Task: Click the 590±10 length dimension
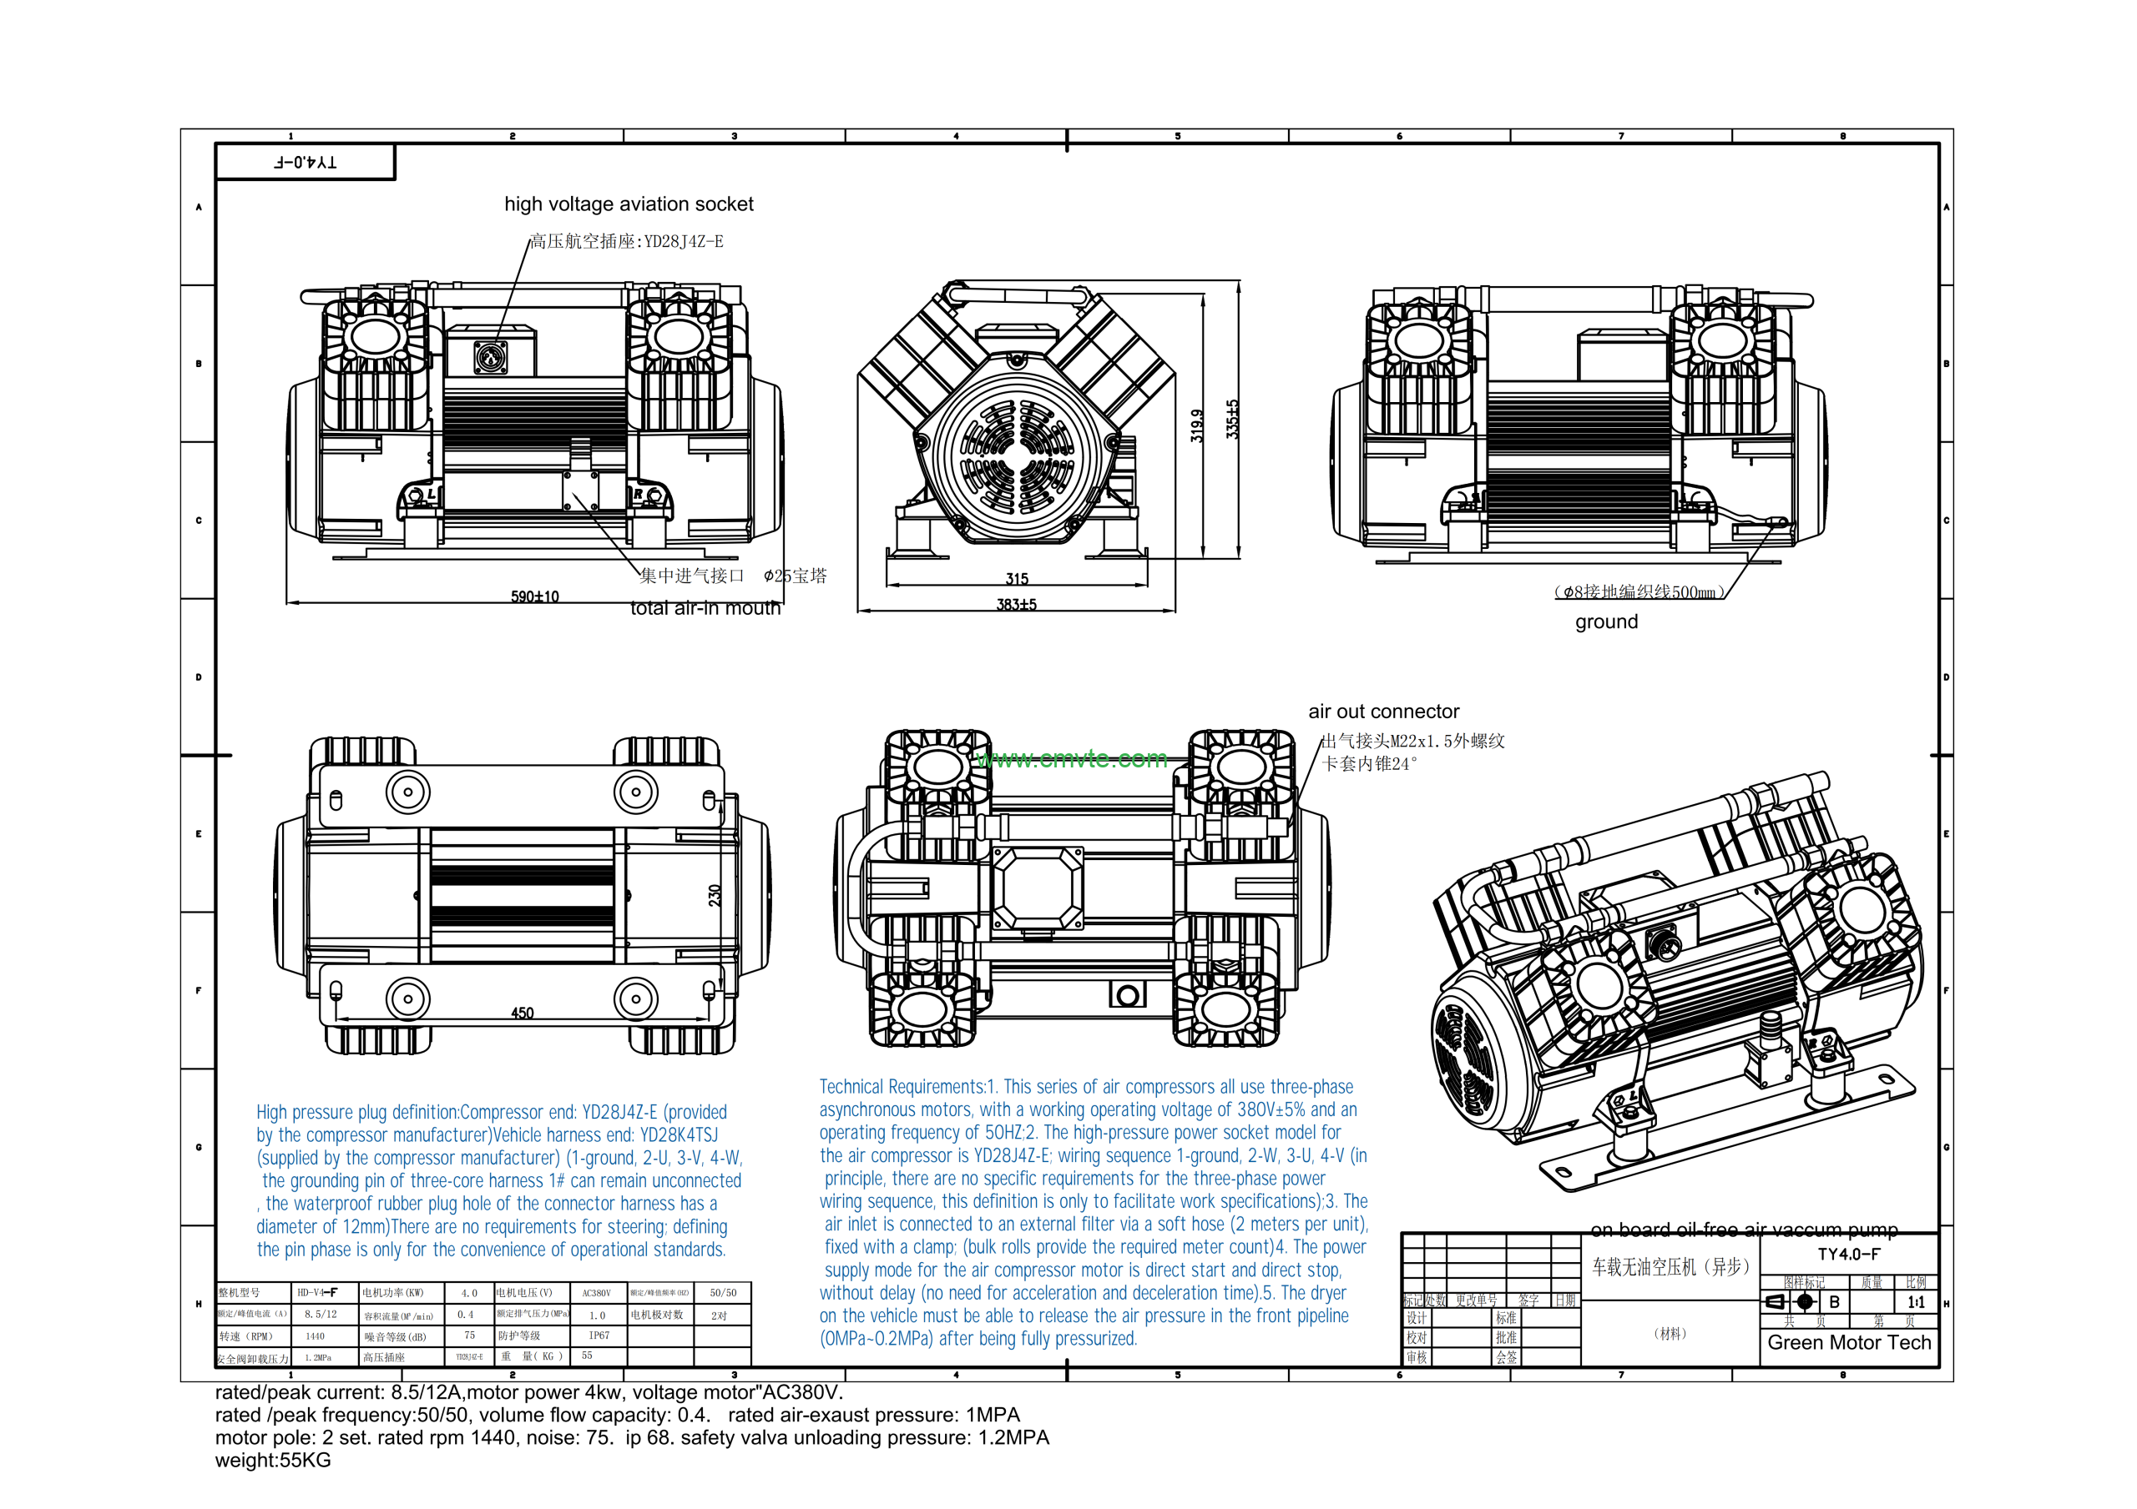pos(534,596)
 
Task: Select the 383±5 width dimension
pos(1017,605)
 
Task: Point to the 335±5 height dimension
pos(1232,420)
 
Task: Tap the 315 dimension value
pos(1017,579)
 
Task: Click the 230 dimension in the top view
pos(715,895)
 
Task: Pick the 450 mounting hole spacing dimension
pos(523,1014)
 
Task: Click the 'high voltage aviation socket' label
pos(629,204)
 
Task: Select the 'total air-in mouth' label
pos(705,608)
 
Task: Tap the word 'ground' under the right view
pos(1606,621)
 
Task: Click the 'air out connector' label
pos(1383,712)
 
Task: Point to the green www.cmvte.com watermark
pos(1072,759)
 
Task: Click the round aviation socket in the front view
pos(491,355)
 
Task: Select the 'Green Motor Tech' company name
pos(1848,1342)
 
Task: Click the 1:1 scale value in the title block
pos(1916,1302)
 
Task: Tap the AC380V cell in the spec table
pos(596,1293)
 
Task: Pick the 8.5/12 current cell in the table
pos(321,1315)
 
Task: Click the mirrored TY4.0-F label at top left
pos(306,162)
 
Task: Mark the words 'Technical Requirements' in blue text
pos(900,1087)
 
